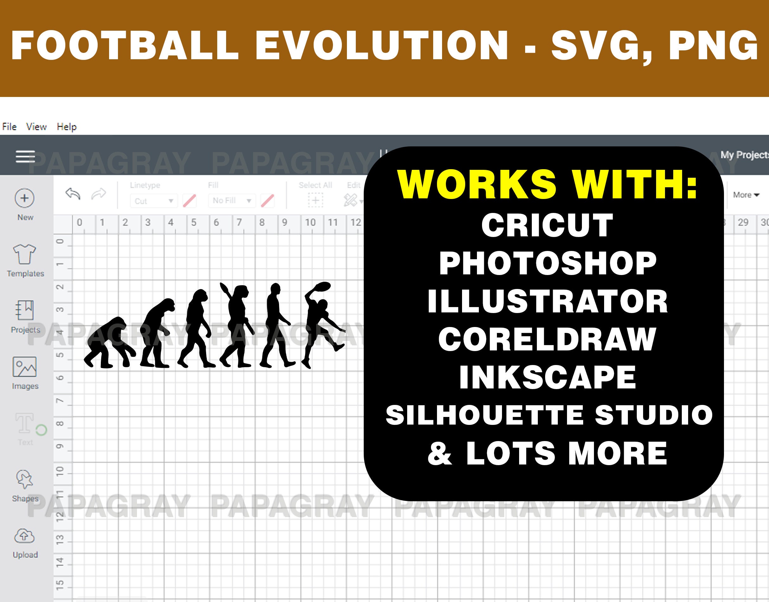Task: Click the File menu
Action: click(9, 126)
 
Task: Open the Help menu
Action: click(67, 126)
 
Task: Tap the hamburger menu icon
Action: click(25, 156)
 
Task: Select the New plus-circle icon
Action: click(25, 198)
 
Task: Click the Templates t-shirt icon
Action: click(25, 254)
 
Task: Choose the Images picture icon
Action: click(25, 367)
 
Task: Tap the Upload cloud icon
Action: click(24, 536)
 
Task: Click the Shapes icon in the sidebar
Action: click(24, 480)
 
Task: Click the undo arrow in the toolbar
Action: click(73, 194)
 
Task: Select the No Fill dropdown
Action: click(231, 201)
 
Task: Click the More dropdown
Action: click(746, 195)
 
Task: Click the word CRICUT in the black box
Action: click(547, 226)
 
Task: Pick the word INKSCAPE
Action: click(547, 377)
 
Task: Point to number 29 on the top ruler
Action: click(743, 222)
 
